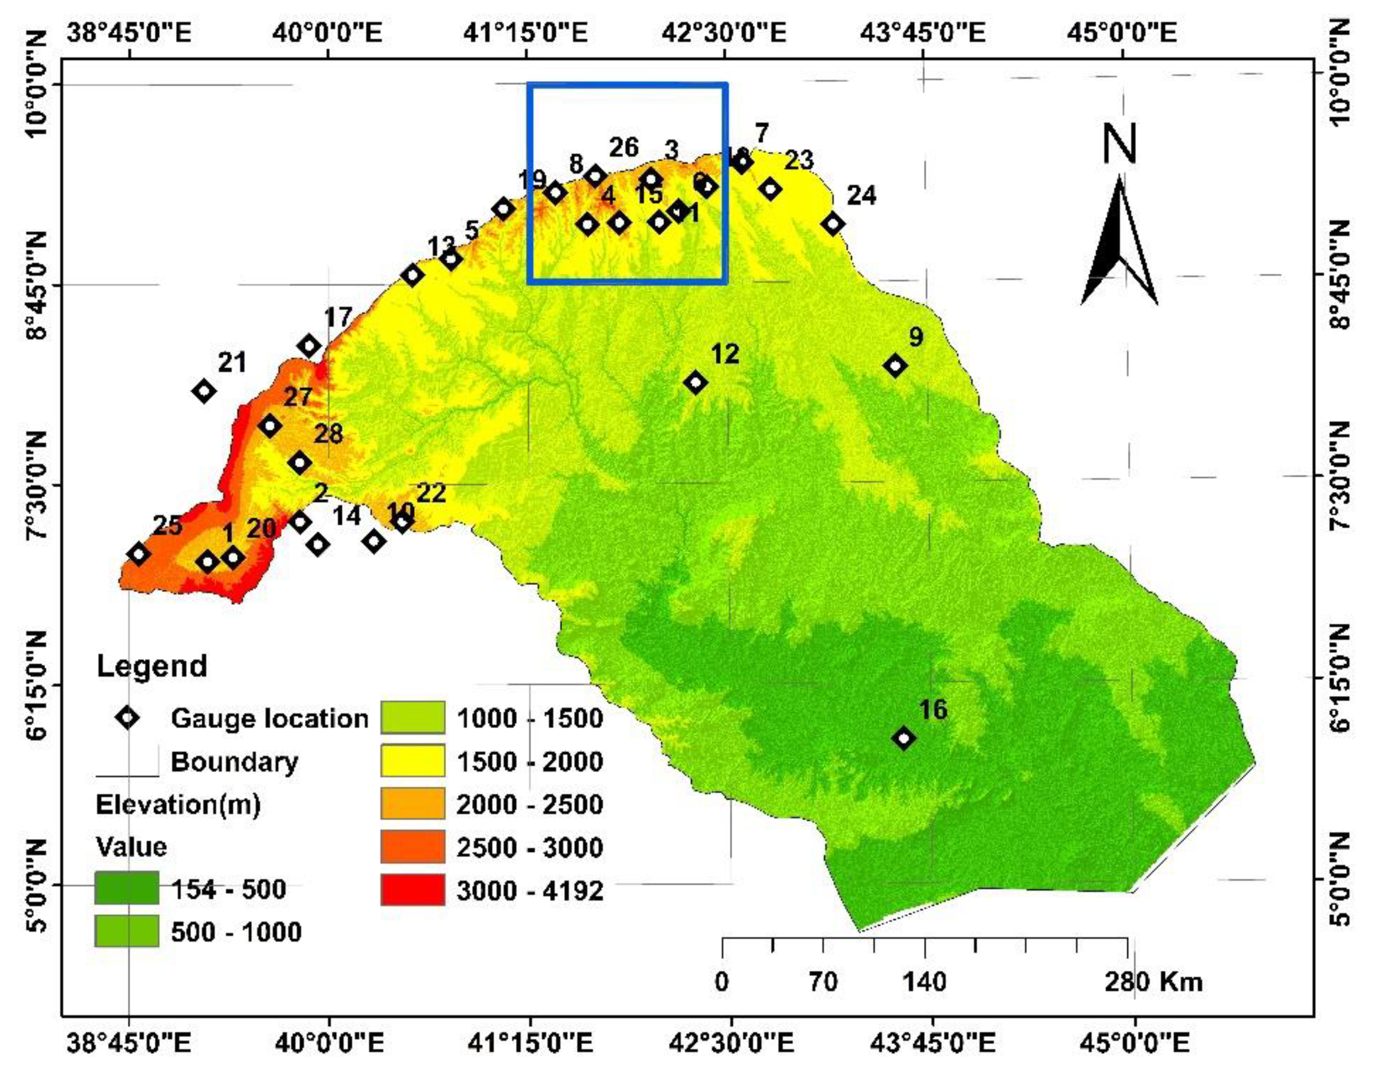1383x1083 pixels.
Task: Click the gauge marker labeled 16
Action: point(904,738)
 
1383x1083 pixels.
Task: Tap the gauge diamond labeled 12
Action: point(696,382)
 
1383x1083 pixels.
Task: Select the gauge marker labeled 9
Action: point(895,365)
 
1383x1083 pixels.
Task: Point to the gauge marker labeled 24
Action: point(833,223)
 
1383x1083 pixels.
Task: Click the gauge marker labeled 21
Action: point(204,391)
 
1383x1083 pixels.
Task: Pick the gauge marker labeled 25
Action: point(138,554)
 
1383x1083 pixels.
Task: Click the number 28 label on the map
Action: point(328,434)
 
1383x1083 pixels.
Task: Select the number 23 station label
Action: point(798,161)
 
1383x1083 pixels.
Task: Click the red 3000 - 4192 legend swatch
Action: point(413,890)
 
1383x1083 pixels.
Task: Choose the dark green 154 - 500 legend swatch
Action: point(126,888)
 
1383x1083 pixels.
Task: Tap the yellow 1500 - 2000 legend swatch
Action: point(413,761)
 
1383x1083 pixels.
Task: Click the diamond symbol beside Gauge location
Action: point(127,717)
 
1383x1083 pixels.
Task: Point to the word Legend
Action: point(152,666)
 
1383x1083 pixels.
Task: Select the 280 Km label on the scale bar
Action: point(1153,982)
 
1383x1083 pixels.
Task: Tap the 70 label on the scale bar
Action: point(823,983)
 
